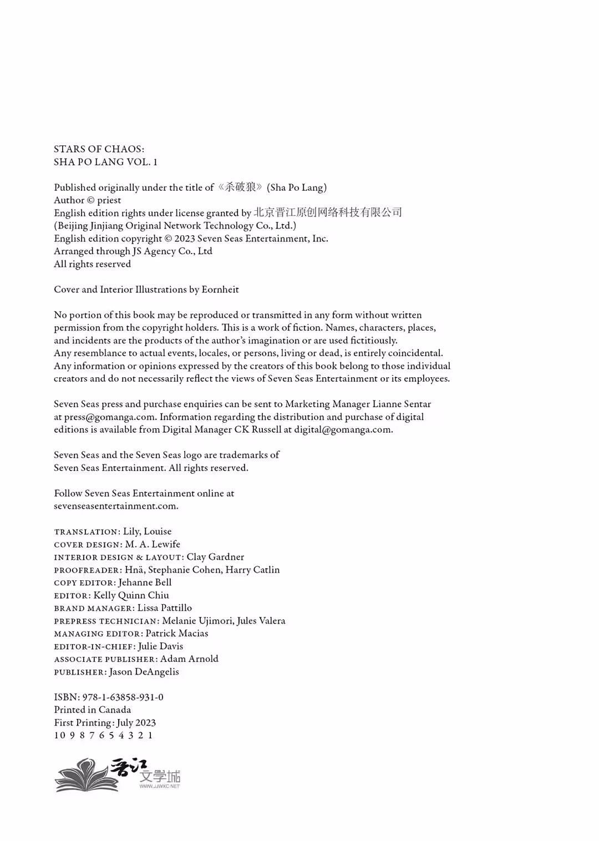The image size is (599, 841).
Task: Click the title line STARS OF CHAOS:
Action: pos(99,149)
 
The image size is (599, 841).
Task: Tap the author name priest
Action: pos(109,200)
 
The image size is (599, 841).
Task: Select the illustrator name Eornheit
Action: pos(220,290)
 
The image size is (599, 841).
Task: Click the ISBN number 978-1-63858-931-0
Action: pos(123,697)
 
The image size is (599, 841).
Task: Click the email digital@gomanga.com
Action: pos(343,430)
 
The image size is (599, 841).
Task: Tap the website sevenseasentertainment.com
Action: pos(115,506)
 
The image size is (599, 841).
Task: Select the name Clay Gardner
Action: pos(215,557)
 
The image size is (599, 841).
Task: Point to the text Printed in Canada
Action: pos(93,710)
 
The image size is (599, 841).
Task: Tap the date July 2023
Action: pos(136,723)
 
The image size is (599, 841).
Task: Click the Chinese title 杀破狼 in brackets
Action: pos(241,187)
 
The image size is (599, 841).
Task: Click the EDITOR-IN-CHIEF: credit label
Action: pos(95,647)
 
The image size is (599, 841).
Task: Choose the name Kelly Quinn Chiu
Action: pos(131,595)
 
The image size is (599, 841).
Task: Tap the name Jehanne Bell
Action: pos(145,582)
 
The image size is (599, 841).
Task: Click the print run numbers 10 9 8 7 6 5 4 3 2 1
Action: pos(104,736)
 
